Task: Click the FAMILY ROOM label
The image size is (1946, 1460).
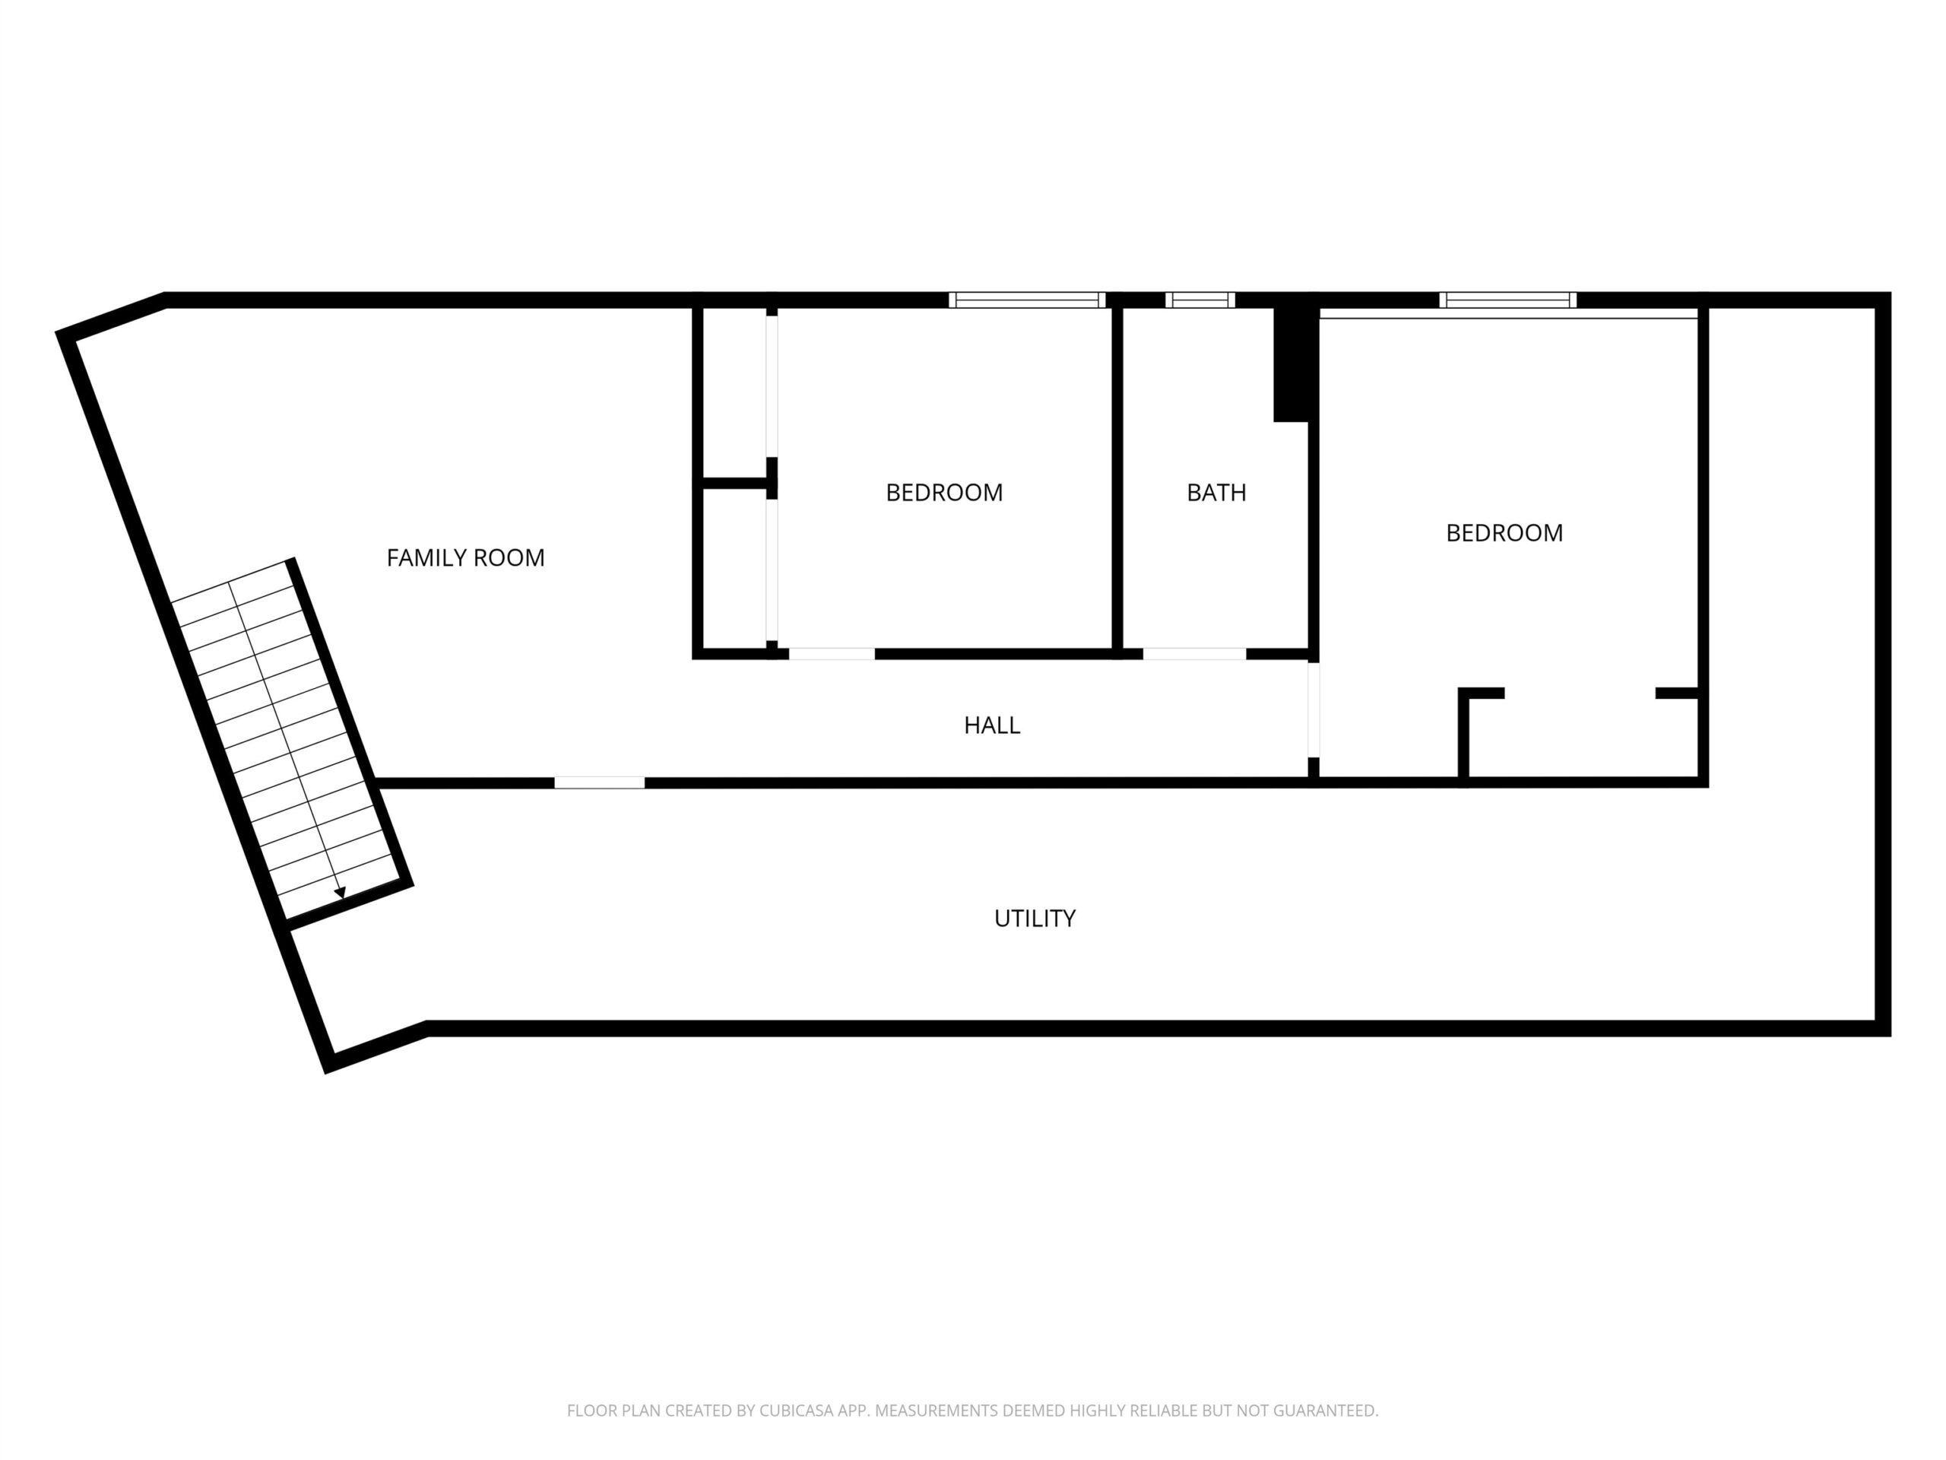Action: point(465,558)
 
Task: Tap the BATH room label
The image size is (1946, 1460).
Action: point(1217,493)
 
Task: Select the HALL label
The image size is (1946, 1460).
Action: point(991,725)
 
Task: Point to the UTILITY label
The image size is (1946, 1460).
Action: point(1035,919)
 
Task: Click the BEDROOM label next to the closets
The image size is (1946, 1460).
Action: point(944,493)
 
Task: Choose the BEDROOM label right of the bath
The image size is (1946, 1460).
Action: point(1504,533)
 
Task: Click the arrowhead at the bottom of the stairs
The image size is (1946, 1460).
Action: point(340,893)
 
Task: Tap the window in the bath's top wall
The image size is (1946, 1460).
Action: point(1200,300)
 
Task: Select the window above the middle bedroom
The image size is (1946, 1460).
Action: point(1027,300)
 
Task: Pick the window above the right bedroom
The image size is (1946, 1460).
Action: point(1507,300)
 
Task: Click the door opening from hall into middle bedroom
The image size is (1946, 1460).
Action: point(832,654)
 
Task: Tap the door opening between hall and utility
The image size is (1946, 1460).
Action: point(599,782)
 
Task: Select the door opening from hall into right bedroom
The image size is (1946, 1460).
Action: point(1314,709)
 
